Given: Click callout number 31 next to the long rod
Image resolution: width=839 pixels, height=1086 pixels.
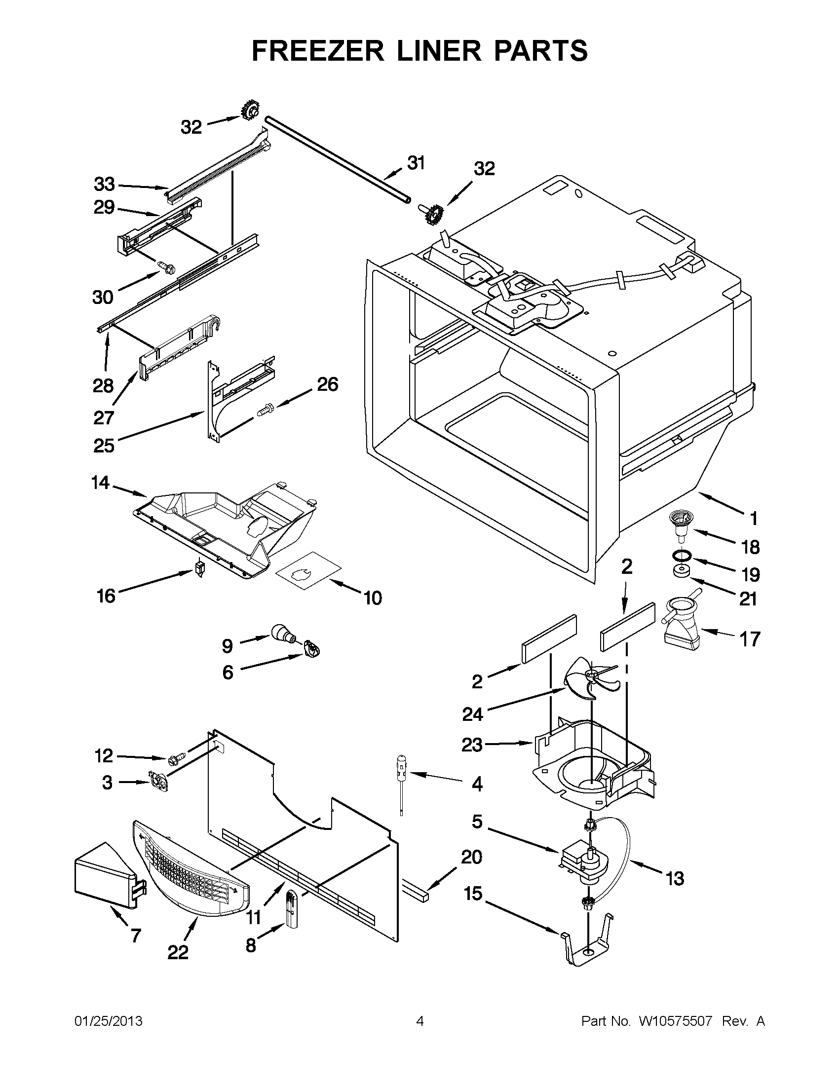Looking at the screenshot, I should coord(416,163).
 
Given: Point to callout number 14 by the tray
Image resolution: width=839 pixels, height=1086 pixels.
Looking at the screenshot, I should coord(100,483).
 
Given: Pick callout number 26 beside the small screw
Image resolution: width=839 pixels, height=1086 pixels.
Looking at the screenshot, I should coord(328,384).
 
